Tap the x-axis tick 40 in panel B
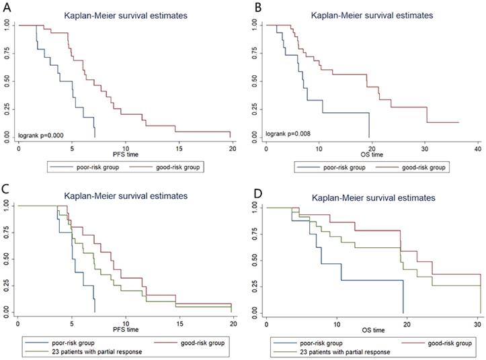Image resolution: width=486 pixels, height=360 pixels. coord(477,146)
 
